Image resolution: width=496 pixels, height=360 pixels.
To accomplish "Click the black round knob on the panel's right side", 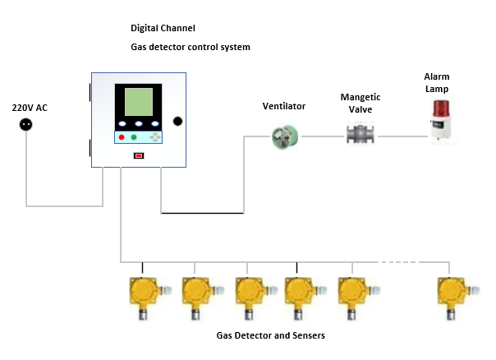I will pos(177,121).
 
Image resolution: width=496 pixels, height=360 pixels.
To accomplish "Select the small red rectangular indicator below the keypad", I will pos(139,155).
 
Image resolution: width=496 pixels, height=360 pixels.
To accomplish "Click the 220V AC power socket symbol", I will pos(25,125).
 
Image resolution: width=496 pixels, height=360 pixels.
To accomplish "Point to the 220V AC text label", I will pos(29,108).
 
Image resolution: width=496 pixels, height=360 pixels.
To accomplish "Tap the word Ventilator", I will pos(283,107).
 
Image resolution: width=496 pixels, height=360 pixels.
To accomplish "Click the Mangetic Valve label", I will pos(361,103).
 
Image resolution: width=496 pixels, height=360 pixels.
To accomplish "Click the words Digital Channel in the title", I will pos(163,29).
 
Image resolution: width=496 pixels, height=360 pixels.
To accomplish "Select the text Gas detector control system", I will pos(190,47).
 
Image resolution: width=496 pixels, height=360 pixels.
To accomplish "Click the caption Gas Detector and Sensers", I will pos(270,335).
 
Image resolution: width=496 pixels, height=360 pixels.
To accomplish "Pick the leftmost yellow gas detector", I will pos(144,295).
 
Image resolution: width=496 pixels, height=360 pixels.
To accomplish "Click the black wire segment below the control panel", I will pos(202,213).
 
